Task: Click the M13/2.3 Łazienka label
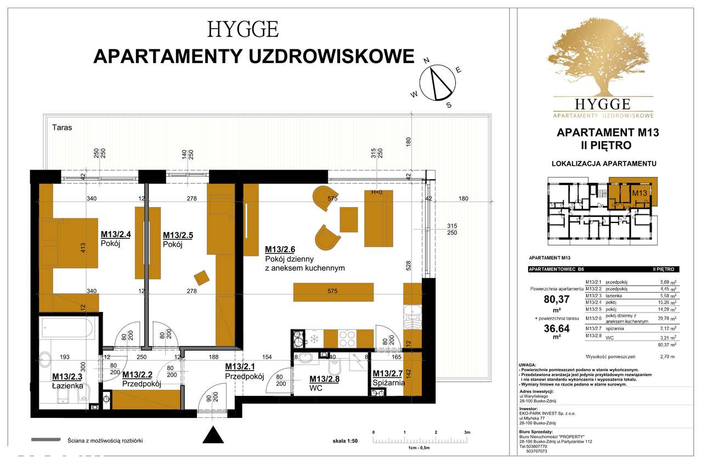pyautogui.click(x=67, y=377)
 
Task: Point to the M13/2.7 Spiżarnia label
pyautogui.click(x=388, y=374)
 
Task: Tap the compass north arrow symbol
pyautogui.click(x=437, y=83)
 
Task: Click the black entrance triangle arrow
pyautogui.click(x=214, y=435)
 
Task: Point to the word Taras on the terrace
pyautogui.click(x=62, y=127)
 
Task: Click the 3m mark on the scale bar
pyautogui.click(x=467, y=433)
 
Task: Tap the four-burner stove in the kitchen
pyautogui.click(x=347, y=337)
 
